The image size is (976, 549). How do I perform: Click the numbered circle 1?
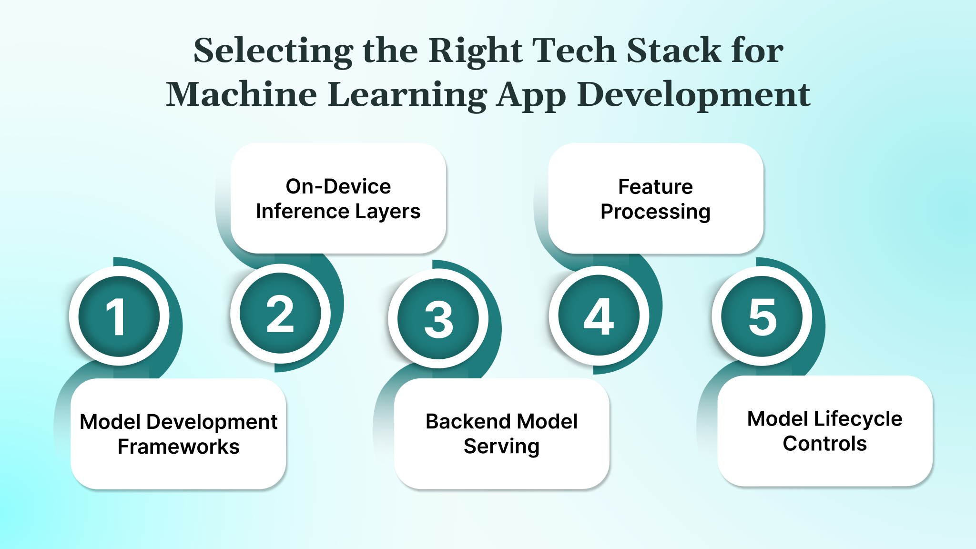tap(119, 316)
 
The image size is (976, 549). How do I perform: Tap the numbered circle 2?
tap(280, 314)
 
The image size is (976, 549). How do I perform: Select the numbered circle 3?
tap(438, 319)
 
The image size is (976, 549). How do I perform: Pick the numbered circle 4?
tap(599, 316)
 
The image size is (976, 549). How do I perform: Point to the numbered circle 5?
tap(762, 316)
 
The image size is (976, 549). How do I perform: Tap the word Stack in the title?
tap(674, 51)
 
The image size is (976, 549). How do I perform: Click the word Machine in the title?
tap(241, 94)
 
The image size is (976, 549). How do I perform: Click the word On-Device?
tap(338, 186)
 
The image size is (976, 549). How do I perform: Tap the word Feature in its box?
tap(655, 186)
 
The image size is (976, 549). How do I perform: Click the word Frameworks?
tap(178, 447)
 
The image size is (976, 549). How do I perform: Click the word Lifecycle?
tap(857, 419)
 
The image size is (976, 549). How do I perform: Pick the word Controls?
tap(824, 444)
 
